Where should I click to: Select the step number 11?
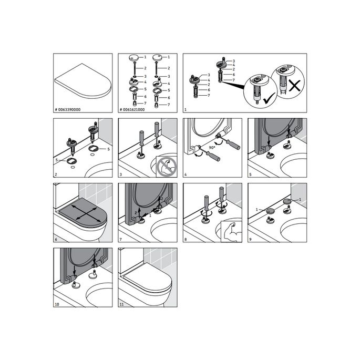click(x=122, y=304)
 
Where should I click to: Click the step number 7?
click(x=121, y=239)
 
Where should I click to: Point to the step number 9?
click(x=251, y=239)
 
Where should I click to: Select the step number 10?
click(x=58, y=304)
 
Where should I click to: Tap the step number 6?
click(x=56, y=239)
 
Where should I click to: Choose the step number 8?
click(x=186, y=239)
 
